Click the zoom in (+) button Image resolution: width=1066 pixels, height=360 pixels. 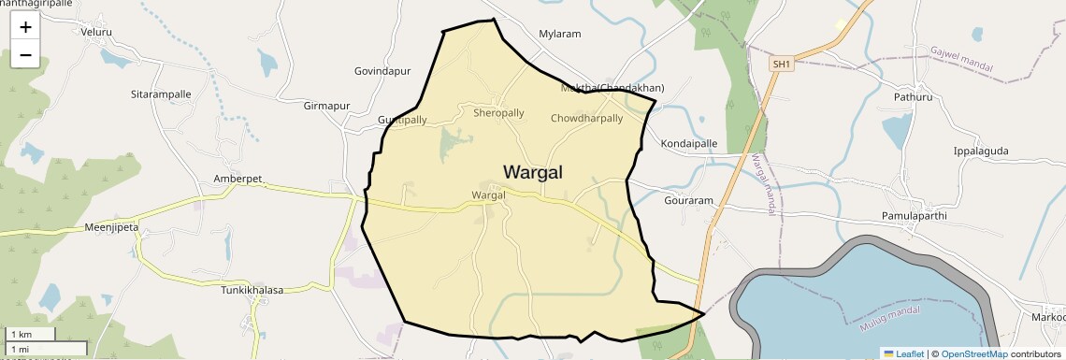coord(25,27)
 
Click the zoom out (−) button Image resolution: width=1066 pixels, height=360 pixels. coord(25,55)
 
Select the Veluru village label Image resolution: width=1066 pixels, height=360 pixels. coord(96,32)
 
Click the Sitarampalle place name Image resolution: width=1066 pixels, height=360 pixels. coord(161,94)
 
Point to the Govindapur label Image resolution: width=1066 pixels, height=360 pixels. coord(382,71)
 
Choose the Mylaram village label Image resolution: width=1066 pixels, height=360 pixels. coord(560,34)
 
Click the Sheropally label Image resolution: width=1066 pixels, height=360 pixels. coord(498,113)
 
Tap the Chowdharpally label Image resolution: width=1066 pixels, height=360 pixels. coord(586,119)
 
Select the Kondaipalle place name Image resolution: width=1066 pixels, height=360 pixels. coord(689,144)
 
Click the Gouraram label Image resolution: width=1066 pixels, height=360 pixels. coord(688,201)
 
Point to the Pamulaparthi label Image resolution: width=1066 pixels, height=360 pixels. coord(915,216)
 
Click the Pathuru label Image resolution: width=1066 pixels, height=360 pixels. coord(913,96)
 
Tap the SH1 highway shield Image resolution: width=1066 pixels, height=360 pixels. coord(781,64)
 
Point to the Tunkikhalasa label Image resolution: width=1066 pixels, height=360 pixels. coord(252,291)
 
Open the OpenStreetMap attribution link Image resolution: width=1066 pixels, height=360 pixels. coord(973,353)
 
